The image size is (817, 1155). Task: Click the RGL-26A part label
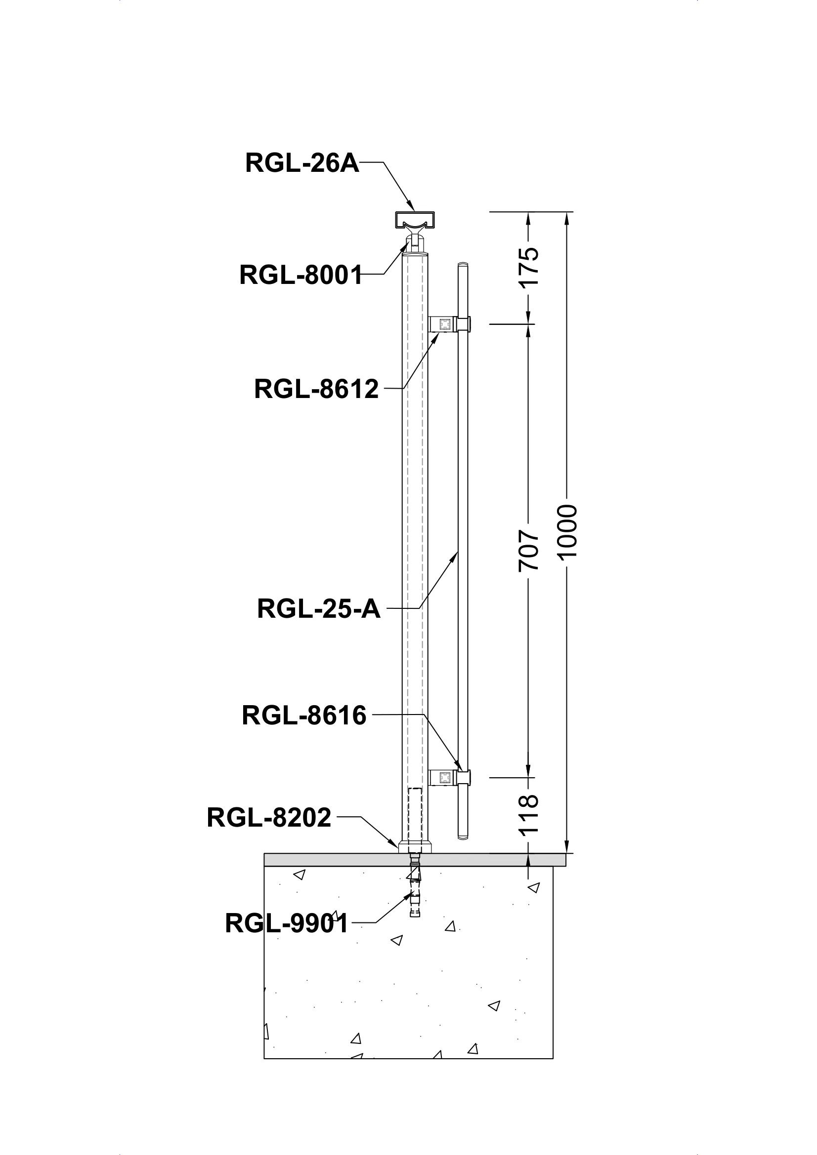tap(302, 163)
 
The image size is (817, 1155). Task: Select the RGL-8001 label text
tap(301, 275)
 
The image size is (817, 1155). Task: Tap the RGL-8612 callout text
tap(316, 389)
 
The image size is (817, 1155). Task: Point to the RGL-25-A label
tap(318, 609)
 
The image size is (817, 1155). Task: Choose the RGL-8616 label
tap(303, 716)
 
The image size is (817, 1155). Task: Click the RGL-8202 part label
tap(269, 817)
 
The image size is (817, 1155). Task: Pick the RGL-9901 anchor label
tap(287, 923)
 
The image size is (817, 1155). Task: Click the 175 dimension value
tap(528, 267)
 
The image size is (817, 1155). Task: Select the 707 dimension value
tap(528, 550)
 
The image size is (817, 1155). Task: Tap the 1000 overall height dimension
tap(568, 532)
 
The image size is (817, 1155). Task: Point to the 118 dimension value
tap(528, 814)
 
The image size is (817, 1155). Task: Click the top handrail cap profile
tap(414, 220)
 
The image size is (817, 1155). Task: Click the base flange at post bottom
tap(414, 848)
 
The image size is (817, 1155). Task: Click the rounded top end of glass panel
tap(463, 265)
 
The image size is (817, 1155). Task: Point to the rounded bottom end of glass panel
tap(463, 836)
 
